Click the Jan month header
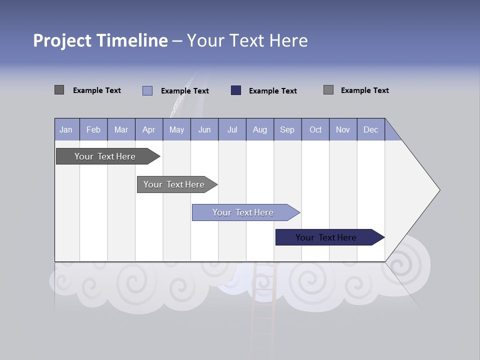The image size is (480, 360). (x=66, y=129)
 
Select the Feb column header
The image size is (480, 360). (x=93, y=129)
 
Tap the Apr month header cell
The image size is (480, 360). (x=148, y=129)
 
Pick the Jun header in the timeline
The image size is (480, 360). (x=204, y=129)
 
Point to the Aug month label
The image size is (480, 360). (x=259, y=129)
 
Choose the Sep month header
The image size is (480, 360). (x=287, y=129)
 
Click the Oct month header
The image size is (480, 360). (x=315, y=129)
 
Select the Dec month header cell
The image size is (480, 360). (x=370, y=129)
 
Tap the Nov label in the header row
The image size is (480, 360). (x=343, y=129)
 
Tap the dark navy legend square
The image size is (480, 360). (x=236, y=90)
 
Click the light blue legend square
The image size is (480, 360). (x=147, y=90)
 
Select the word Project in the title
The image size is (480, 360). (x=62, y=40)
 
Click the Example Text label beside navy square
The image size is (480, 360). (x=272, y=91)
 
